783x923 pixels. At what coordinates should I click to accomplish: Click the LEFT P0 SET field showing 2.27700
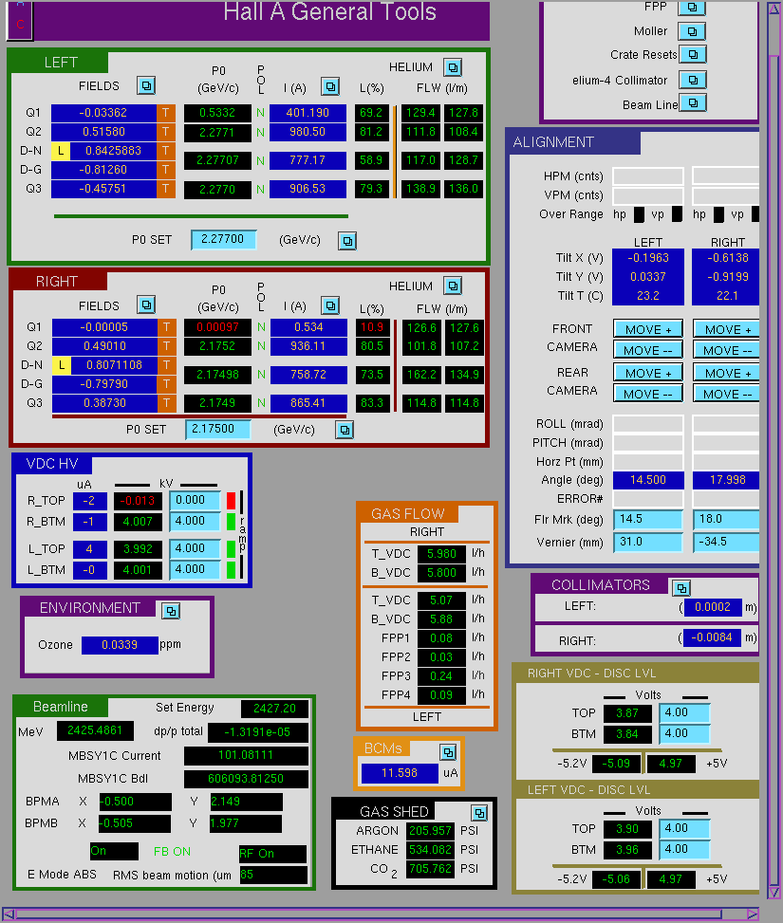[x=223, y=240]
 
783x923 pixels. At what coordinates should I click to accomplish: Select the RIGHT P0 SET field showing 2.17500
[x=217, y=429]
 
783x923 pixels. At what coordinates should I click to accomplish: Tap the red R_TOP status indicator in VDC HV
[x=231, y=500]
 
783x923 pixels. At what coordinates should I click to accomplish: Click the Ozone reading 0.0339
[x=120, y=645]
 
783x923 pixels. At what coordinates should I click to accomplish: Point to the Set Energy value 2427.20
[x=274, y=709]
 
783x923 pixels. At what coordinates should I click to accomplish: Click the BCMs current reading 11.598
[x=400, y=773]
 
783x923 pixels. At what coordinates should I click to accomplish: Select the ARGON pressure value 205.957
[x=430, y=831]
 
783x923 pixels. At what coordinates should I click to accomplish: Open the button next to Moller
[x=692, y=31]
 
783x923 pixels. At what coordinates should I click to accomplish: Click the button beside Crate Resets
[x=693, y=54]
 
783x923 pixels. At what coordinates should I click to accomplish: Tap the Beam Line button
[x=693, y=103]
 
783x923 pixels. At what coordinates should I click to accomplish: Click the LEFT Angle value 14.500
[x=648, y=480]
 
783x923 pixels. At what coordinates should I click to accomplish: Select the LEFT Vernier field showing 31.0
[x=648, y=542]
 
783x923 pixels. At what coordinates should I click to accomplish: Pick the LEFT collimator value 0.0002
[x=713, y=607]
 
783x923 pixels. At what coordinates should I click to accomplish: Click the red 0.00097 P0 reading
[x=217, y=327]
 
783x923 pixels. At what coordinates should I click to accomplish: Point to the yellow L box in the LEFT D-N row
[x=61, y=151]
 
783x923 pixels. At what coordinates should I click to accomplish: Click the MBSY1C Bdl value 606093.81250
[x=246, y=779]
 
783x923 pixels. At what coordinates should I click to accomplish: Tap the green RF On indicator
[x=272, y=854]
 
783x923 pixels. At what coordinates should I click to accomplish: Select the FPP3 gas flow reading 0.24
[x=441, y=675]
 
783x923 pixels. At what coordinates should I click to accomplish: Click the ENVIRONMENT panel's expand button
[x=171, y=611]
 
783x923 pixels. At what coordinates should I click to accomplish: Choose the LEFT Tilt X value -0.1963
[x=648, y=258]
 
